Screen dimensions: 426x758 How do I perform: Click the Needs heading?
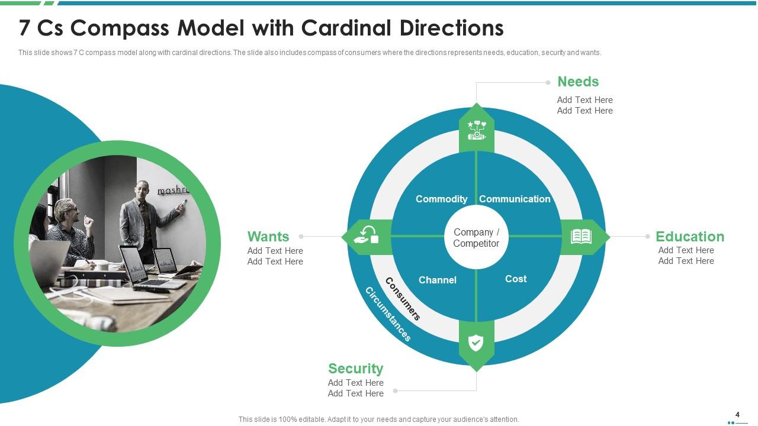(x=578, y=82)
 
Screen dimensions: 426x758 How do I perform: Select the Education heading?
(x=689, y=237)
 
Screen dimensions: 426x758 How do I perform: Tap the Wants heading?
(x=268, y=237)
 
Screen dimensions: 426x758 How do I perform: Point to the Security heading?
(x=355, y=369)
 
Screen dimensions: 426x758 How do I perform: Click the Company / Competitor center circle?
(x=476, y=238)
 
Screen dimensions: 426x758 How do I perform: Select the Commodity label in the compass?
(x=441, y=199)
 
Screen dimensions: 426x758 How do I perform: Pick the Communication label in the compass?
(x=515, y=199)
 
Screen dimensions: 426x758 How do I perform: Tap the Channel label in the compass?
(x=437, y=280)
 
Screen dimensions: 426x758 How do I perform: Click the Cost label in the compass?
(x=516, y=279)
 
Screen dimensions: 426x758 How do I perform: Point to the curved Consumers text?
(x=403, y=299)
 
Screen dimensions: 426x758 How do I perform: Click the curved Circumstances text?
(x=387, y=314)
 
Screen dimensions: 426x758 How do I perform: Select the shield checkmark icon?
(x=476, y=343)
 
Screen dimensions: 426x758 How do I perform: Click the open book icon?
(x=581, y=237)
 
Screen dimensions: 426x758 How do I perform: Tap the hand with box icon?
(x=366, y=235)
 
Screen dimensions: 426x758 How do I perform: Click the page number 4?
(x=737, y=415)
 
